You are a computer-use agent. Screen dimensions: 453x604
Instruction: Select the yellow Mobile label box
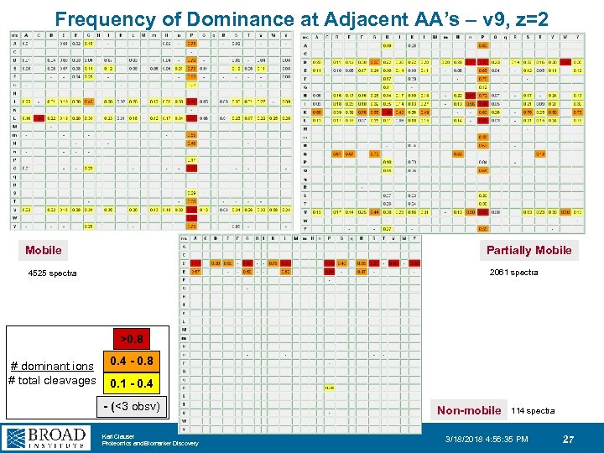point(44,250)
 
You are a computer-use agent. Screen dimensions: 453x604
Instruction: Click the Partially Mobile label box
point(528,250)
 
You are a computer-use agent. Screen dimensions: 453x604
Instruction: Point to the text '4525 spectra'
point(52,273)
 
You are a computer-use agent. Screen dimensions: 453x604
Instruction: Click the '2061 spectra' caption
point(513,272)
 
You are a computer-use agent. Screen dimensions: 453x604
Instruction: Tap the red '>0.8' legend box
point(131,340)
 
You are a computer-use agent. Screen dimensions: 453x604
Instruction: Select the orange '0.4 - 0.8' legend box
point(132,362)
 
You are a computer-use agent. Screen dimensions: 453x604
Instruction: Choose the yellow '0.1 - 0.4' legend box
point(132,383)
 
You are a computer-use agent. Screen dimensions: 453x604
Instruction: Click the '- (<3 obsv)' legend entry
point(131,408)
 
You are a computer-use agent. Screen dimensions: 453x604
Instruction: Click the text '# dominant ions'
point(51,366)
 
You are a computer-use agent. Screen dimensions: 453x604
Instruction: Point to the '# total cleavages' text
point(51,380)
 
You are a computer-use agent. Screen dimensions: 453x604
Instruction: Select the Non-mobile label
point(469,410)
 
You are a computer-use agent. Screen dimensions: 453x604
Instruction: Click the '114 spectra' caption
point(533,411)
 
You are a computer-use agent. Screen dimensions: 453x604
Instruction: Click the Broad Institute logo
point(46,437)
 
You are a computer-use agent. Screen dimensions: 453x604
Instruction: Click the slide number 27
point(568,439)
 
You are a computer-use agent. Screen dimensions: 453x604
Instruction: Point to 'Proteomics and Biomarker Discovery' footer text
point(149,443)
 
